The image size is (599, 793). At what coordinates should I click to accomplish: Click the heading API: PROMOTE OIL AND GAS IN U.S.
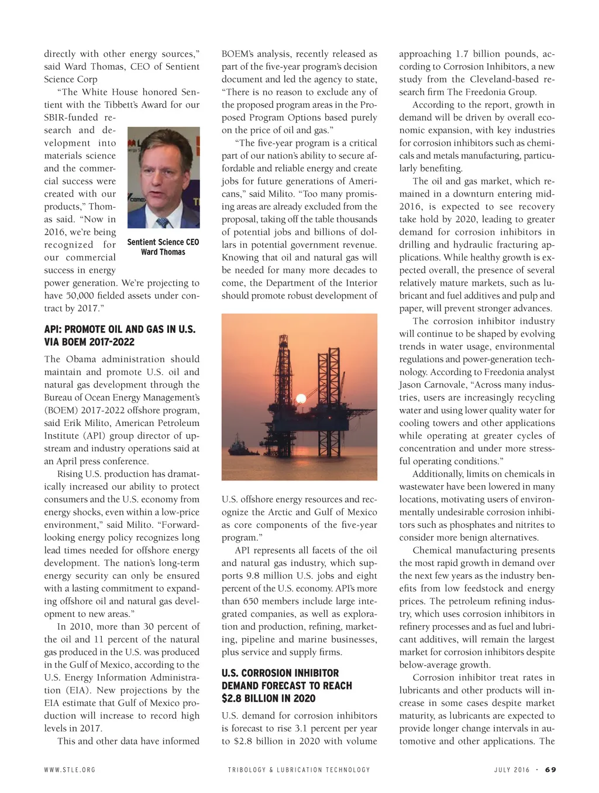(x=119, y=329)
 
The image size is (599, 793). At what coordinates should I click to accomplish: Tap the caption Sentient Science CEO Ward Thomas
(x=163, y=247)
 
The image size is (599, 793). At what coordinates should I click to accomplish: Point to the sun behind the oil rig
(x=301, y=400)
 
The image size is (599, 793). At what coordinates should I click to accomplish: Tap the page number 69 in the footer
(x=550, y=770)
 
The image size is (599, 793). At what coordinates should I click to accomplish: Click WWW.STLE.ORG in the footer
(x=69, y=770)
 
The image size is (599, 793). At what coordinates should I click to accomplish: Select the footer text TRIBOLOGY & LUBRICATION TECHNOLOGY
(x=299, y=770)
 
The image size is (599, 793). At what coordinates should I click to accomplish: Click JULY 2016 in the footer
(x=512, y=770)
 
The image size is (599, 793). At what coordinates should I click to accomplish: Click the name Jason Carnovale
(x=426, y=385)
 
